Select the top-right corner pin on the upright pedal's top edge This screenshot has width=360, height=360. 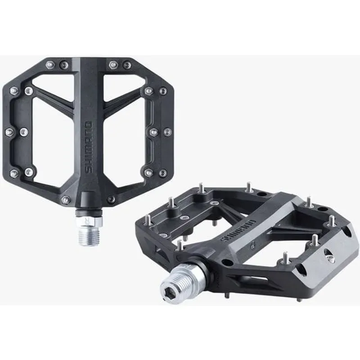tap(128, 65)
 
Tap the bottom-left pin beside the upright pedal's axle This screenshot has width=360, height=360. tap(66, 199)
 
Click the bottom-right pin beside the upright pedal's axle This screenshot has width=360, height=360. tap(111, 199)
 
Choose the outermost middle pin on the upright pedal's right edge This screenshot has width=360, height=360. tap(167, 132)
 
